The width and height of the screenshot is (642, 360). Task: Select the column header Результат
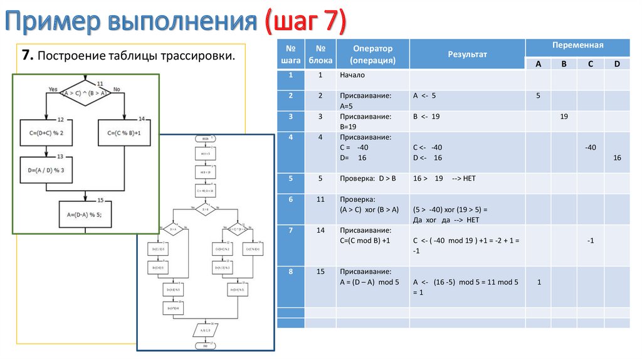[466, 55]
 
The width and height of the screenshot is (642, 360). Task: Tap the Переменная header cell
[577, 46]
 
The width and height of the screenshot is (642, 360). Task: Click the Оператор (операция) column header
[372, 55]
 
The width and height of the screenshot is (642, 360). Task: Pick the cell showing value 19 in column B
[564, 117]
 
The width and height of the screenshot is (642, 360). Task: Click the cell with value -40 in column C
[589, 147]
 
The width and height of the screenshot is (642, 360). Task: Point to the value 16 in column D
[617, 157]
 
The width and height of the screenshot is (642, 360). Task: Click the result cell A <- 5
[424, 96]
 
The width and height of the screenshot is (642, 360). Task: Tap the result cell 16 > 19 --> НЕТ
[445, 179]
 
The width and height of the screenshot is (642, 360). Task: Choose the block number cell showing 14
[320, 231]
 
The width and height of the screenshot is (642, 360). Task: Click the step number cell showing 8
[291, 272]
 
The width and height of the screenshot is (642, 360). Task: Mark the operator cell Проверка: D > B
[368, 179]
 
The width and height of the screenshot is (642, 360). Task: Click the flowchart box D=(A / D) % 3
[46, 170]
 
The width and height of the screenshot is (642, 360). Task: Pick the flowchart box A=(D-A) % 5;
[85, 214]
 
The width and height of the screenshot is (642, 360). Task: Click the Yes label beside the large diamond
[53, 89]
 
